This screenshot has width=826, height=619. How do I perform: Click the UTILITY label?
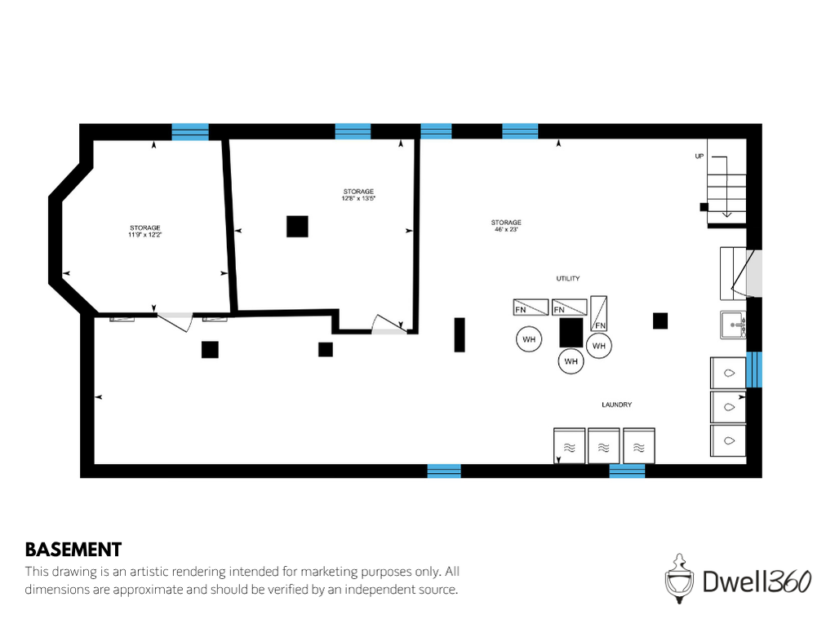567,279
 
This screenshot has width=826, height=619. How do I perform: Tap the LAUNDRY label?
616,405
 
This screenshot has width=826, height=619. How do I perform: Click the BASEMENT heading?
73,549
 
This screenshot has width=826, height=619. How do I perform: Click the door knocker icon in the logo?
677,578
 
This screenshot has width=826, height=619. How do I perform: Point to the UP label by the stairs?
699,156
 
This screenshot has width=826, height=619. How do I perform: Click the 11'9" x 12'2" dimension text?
144,235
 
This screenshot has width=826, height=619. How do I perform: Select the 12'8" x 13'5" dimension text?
358,198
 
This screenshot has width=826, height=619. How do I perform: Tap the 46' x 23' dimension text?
506,230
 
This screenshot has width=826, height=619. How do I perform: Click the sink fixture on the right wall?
732,325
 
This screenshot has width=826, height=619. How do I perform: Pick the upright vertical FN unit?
598,312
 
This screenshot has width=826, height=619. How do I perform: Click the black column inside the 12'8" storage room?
297,226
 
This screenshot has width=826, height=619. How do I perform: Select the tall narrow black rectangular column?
460,334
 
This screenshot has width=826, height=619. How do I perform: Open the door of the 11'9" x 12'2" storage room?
173,320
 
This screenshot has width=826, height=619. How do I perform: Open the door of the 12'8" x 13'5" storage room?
388,325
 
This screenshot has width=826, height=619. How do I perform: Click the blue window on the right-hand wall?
755,369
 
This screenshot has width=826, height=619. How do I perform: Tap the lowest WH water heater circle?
571,361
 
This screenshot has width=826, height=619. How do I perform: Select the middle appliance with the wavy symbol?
603,446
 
